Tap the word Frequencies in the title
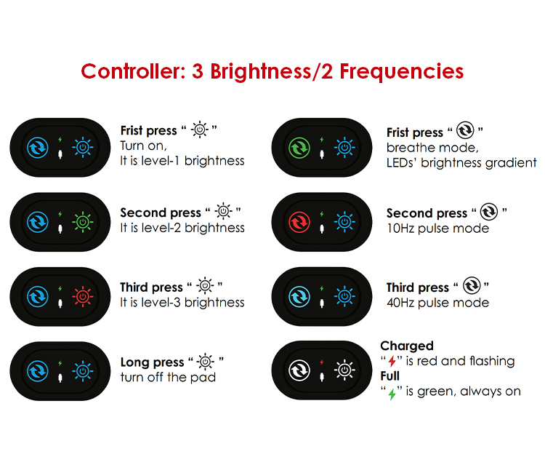401,72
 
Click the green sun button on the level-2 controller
83,222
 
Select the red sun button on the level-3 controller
83,297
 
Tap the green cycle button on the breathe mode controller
299,148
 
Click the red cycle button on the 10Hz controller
299,222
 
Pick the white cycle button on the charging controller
299,370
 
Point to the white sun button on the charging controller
344,370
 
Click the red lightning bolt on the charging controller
322,362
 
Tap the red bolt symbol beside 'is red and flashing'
392,361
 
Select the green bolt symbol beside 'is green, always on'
392,394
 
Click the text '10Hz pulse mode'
438,228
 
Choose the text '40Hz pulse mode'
438,303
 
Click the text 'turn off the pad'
168,377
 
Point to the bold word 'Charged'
407,346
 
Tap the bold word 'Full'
390,376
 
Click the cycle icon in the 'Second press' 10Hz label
489,212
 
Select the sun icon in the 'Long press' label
206,362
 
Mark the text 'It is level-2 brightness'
182,228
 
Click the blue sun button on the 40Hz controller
344,297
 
